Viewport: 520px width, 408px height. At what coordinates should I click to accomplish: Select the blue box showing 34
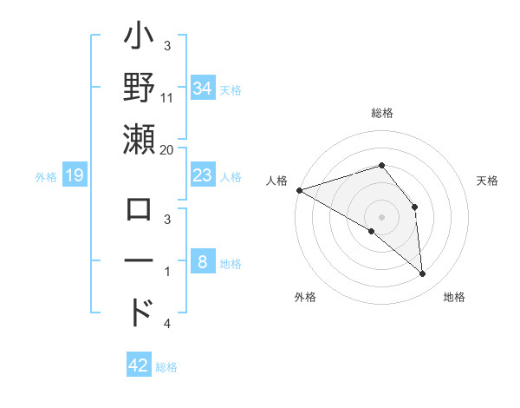(202, 89)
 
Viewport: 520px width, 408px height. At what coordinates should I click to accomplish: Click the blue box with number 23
(202, 176)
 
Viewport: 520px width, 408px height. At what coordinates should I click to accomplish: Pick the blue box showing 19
(75, 176)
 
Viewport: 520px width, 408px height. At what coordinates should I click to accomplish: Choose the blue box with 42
(139, 365)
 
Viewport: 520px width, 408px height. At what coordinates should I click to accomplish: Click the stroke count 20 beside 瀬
(166, 150)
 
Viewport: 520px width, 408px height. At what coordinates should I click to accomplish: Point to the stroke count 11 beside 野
(166, 99)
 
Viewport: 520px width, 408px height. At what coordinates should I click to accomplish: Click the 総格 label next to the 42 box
(166, 367)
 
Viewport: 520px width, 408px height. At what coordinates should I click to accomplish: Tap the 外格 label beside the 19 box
(46, 177)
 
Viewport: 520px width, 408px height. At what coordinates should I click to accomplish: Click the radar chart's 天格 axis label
(488, 181)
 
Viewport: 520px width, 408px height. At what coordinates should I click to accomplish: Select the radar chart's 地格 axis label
(454, 298)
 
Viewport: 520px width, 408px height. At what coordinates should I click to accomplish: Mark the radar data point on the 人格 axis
(299, 190)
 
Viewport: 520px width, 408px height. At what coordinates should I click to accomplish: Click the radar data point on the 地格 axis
(422, 274)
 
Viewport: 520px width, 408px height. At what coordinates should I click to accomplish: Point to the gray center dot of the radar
(381, 216)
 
